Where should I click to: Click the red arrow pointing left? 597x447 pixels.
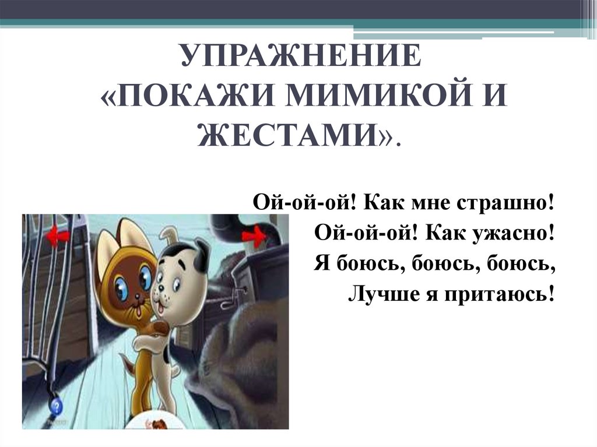tap(58, 237)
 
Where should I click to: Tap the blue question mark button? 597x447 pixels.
tap(56, 406)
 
